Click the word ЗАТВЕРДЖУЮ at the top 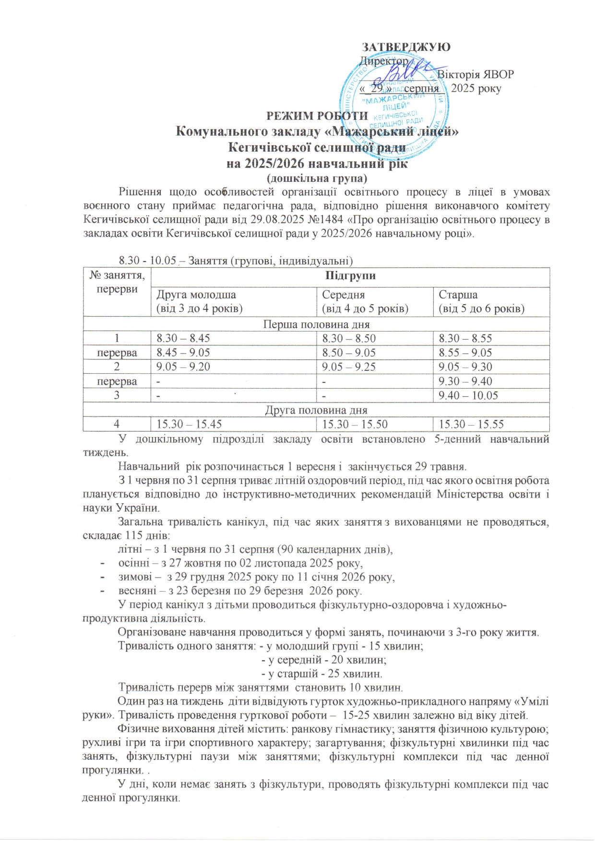tap(405, 47)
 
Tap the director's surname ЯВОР tap(498, 75)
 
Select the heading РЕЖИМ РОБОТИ tap(317, 116)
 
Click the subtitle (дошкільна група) tap(317, 178)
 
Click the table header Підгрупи tap(350, 276)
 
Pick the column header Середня tap(344, 295)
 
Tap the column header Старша tap(458, 295)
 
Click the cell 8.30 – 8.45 tap(183, 338)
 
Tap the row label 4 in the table tap(117, 425)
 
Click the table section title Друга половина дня tap(316, 410)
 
